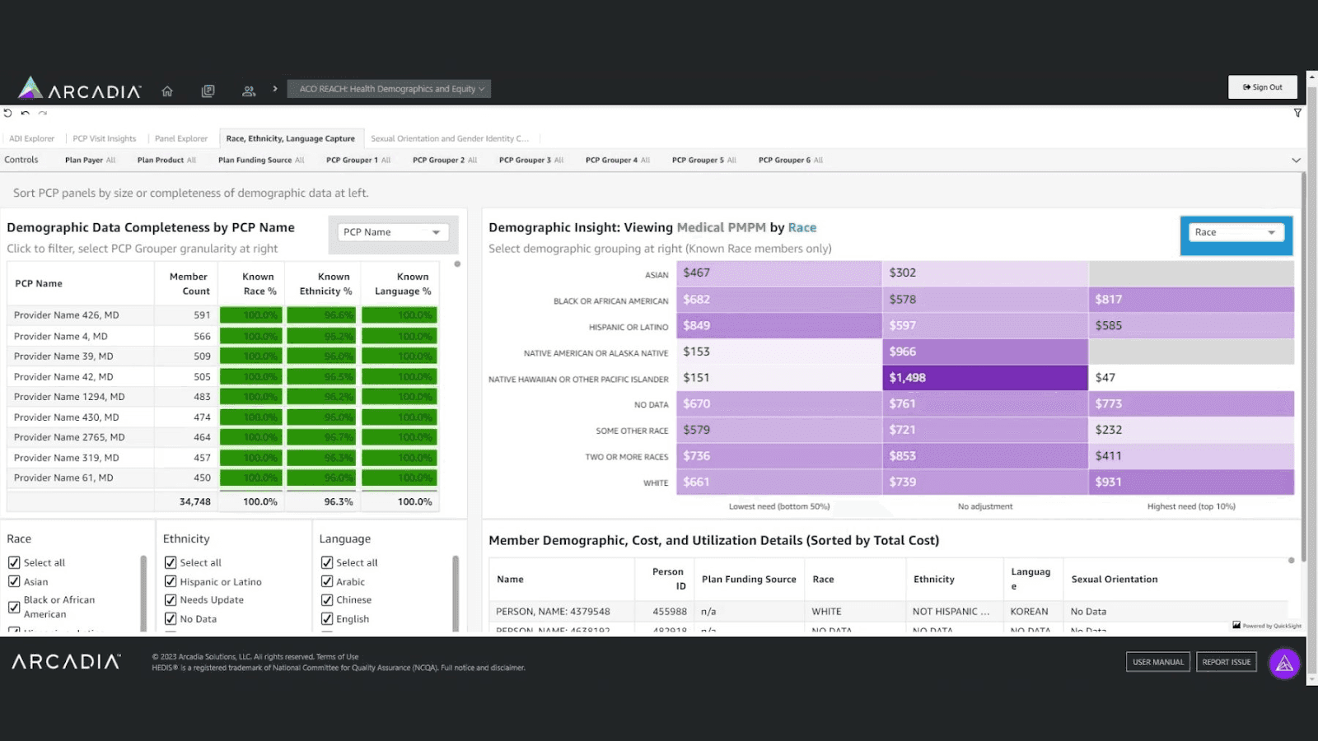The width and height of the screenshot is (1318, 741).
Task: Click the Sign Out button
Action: click(x=1262, y=87)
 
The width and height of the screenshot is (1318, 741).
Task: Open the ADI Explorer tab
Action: click(x=31, y=138)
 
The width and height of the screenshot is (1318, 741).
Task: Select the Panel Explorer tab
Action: click(x=180, y=138)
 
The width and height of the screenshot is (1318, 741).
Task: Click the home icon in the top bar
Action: click(x=167, y=91)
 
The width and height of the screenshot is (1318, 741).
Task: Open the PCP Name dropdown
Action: click(x=391, y=232)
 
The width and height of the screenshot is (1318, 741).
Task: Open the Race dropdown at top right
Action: click(x=1235, y=232)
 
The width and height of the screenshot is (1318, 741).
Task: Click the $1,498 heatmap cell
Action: click(x=984, y=378)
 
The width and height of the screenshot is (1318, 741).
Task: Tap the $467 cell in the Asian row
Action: click(x=778, y=273)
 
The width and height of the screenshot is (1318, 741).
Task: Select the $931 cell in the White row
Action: click(x=1190, y=482)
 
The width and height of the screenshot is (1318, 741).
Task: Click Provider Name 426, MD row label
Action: click(x=67, y=315)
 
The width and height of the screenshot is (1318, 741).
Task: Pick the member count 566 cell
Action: click(x=202, y=336)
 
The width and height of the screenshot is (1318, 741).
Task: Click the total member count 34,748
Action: click(x=194, y=501)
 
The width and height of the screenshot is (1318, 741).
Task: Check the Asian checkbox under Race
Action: click(x=14, y=581)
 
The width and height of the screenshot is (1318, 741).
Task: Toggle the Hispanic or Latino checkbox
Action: click(x=171, y=581)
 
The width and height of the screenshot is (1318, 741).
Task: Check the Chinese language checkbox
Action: click(x=327, y=600)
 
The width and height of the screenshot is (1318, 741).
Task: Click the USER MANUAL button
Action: click(x=1157, y=662)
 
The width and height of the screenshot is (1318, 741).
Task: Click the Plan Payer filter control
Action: click(x=90, y=160)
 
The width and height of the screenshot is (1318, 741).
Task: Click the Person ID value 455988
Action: click(x=669, y=612)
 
